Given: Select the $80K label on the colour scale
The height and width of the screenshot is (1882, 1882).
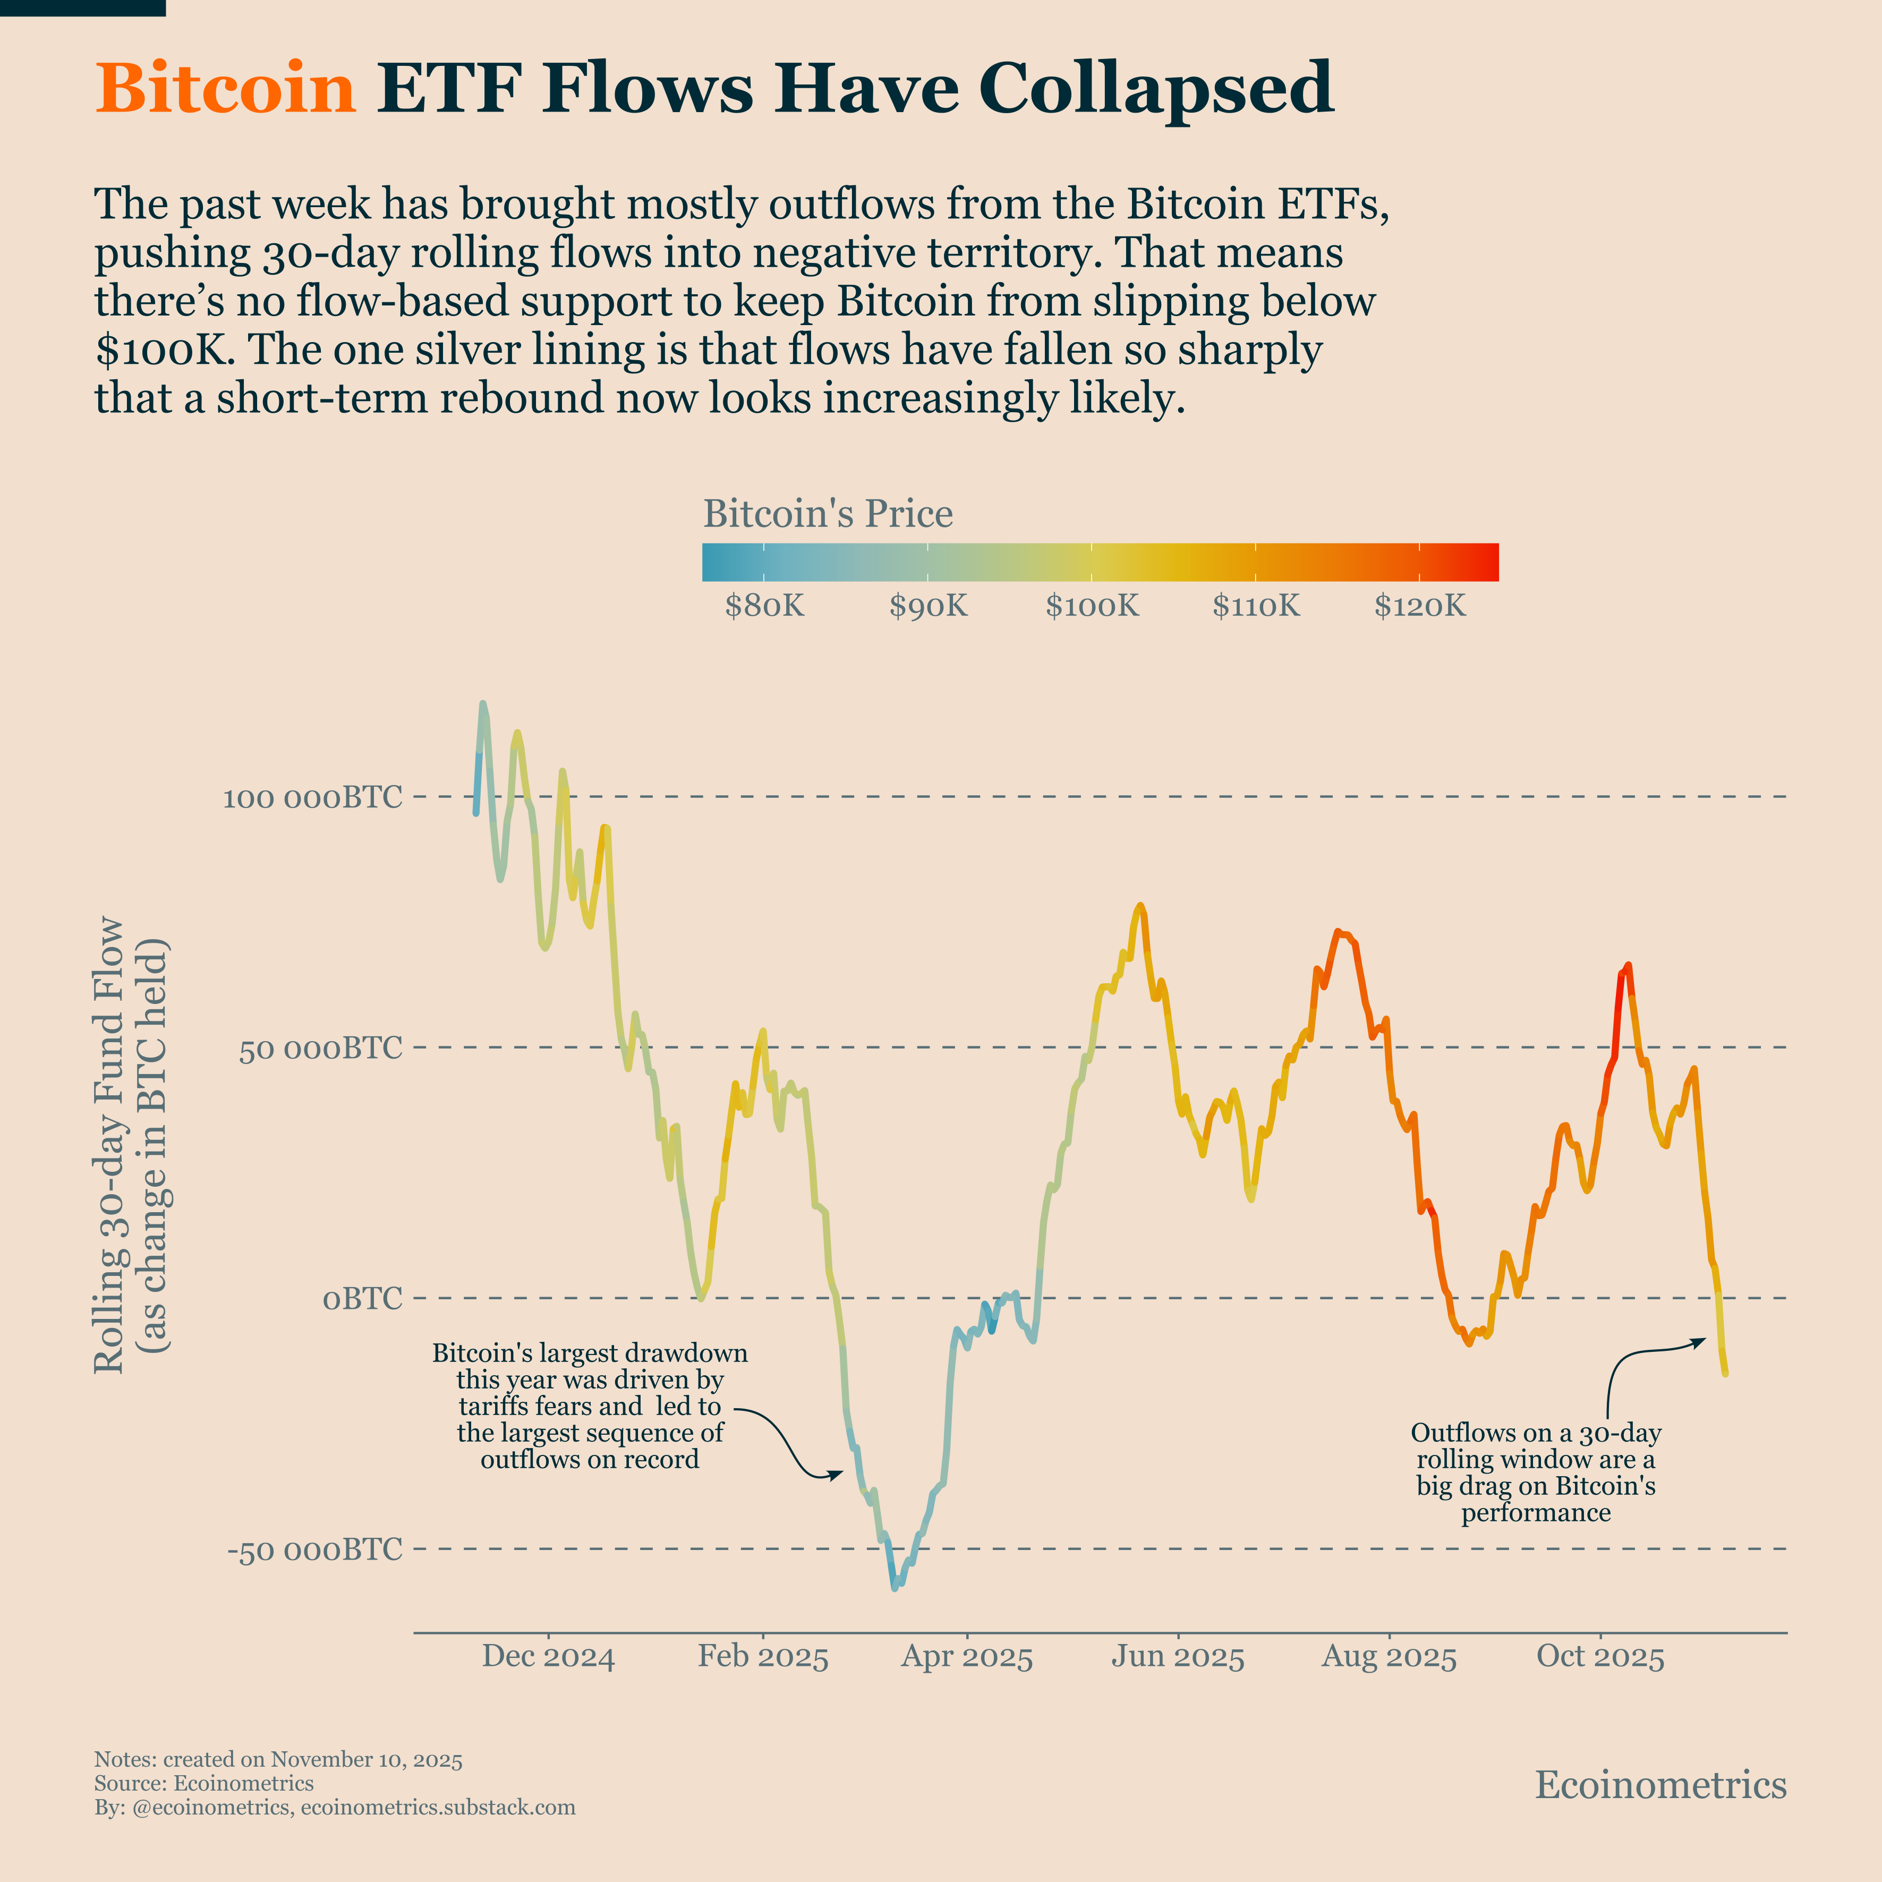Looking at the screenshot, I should point(765,606).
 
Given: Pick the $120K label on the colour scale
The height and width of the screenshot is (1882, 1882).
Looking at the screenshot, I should point(1419,606).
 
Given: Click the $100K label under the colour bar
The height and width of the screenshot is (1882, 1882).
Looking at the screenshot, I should point(1092,606).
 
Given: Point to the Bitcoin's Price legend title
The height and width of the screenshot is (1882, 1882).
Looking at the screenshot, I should point(828,513).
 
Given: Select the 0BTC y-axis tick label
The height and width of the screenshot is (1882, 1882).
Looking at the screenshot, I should point(362,1299).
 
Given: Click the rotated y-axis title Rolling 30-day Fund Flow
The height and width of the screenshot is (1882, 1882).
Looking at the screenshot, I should point(109,1145).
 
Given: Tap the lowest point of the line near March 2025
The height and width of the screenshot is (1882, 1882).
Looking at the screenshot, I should point(894,1588).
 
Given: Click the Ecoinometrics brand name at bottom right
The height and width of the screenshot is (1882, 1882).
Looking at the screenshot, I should point(1660,1785).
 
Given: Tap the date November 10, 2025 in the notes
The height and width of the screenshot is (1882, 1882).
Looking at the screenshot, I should point(365,1759).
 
